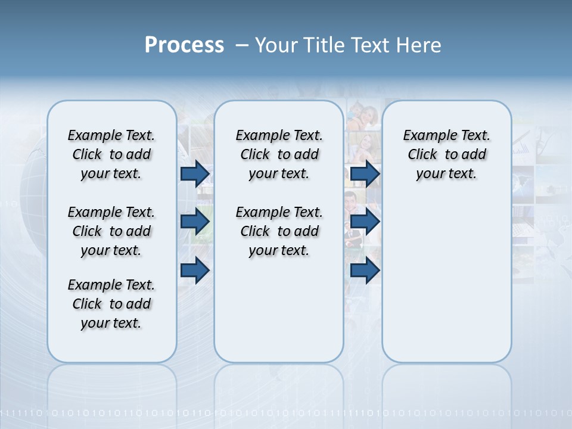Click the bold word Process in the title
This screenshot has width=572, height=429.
click(184, 45)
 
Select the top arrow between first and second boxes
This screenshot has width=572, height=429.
click(195, 173)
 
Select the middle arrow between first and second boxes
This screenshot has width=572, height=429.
click(195, 222)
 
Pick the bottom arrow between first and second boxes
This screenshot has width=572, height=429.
click(195, 271)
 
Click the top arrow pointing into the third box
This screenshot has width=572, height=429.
click(365, 173)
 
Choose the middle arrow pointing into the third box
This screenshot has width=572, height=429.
click(365, 222)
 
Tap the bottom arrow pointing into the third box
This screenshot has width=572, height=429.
click(365, 271)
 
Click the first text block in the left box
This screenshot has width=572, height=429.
click(111, 154)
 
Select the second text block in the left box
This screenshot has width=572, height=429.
click(111, 231)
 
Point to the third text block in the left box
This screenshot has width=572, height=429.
click(111, 304)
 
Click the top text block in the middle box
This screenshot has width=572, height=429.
click(279, 154)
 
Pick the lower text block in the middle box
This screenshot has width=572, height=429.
click(279, 231)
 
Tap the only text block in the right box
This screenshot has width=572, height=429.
click(446, 154)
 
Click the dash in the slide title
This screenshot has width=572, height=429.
click(242, 45)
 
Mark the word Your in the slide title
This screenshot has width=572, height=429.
click(276, 45)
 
